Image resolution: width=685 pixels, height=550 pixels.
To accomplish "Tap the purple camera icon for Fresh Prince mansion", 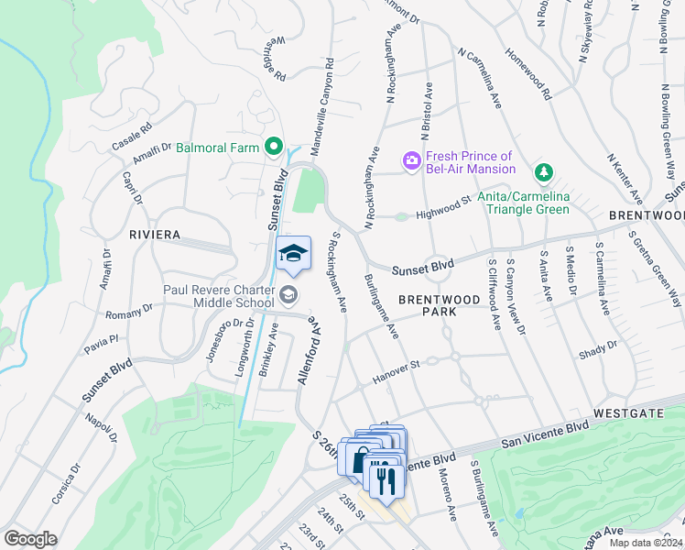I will [411, 161].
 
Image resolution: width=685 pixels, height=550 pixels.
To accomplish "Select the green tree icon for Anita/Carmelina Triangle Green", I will [544, 171].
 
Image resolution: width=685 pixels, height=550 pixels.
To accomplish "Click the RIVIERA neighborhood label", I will [155, 236].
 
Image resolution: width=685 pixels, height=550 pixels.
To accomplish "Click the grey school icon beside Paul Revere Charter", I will [288, 294].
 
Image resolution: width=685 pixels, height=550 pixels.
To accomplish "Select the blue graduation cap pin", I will [293, 254].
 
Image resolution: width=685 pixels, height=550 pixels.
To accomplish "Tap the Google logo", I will [29, 538].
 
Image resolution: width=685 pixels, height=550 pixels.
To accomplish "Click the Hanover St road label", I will [396, 369].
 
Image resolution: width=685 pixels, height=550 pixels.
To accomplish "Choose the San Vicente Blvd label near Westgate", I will [545, 434].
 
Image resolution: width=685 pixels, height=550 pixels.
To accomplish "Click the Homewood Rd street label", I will [534, 74].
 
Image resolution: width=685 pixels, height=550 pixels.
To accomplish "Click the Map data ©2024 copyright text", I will [646, 543].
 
